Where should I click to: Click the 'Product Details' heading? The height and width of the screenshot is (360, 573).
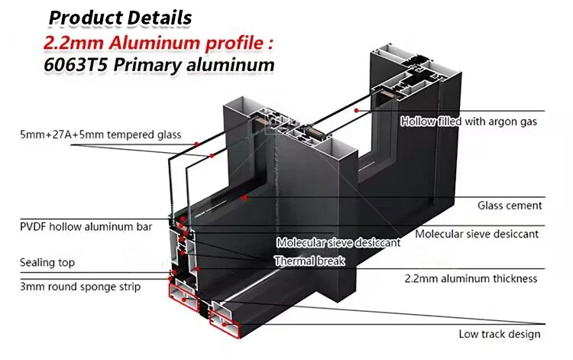121,16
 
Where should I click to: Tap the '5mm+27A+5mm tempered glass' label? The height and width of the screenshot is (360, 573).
101,135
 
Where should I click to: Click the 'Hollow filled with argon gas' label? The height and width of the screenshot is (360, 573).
469,122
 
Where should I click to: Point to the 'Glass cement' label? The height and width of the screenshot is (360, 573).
510,205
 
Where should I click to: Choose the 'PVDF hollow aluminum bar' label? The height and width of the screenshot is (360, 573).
86,227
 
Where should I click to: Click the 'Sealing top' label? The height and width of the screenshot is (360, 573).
47,263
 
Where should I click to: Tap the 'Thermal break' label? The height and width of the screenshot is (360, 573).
309,261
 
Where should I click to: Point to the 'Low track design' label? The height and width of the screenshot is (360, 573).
500,333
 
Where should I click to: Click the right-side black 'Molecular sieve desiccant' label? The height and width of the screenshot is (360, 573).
477,233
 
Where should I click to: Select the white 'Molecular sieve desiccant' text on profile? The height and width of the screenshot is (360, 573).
338,243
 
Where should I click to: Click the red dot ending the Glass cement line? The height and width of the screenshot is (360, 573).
244,198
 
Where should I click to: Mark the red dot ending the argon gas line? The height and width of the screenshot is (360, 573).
357,110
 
